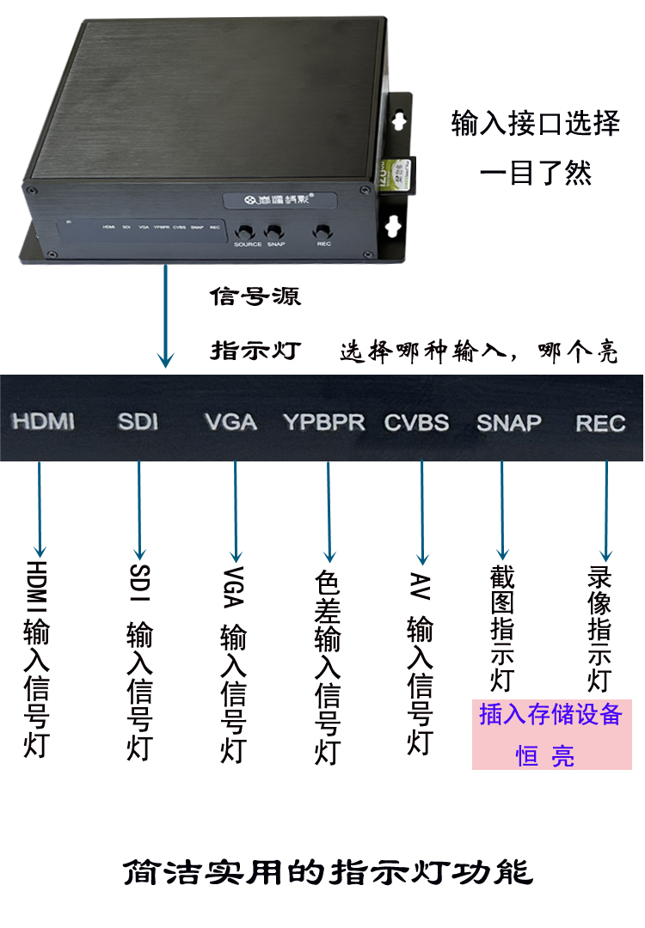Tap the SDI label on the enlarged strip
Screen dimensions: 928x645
(x=138, y=421)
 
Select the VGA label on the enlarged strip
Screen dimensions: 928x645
(x=230, y=422)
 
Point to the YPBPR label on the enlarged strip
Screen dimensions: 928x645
(x=324, y=422)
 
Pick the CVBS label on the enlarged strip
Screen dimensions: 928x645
(x=416, y=422)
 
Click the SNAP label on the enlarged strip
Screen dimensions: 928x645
(x=509, y=422)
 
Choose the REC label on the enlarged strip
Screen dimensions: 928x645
(x=600, y=423)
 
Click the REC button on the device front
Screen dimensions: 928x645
(x=324, y=231)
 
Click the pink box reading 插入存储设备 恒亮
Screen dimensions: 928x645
(x=551, y=734)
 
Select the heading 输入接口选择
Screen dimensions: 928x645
(x=535, y=124)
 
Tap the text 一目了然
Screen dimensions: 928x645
(x=535, y=174)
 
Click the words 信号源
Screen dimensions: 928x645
(x=255, y=297)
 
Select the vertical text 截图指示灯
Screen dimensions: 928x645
(x=501, y=627)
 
